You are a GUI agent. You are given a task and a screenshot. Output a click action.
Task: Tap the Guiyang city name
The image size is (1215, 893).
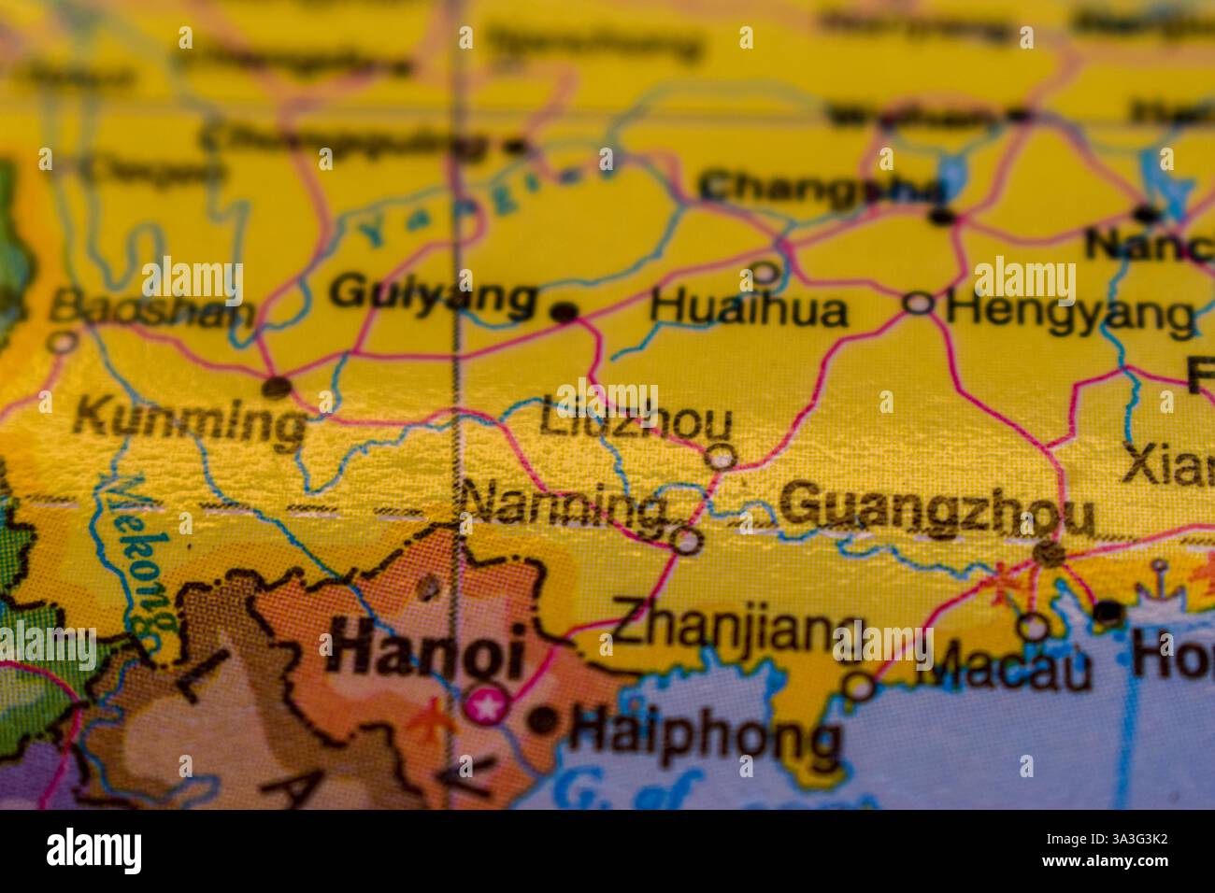point(434,295)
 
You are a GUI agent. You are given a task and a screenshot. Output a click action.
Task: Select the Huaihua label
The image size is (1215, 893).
point(749,309)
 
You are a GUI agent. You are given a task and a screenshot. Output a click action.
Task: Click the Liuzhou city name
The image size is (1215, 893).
point(636,421)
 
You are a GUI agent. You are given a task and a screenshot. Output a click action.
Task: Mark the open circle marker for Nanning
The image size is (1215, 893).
point(687,541)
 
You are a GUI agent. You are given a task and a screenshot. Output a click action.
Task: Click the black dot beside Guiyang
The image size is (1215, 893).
point(565,312)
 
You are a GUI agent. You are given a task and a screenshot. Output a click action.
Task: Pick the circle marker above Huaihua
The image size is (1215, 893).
point(765,274)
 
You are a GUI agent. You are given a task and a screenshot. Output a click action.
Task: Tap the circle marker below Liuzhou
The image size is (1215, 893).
point(721,457)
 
